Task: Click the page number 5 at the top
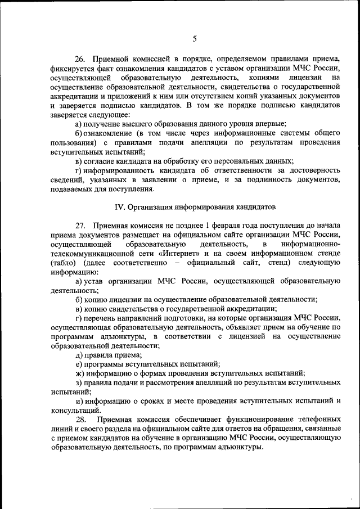point(195,38)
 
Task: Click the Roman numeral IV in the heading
point(119,206)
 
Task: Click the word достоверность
point(313,170)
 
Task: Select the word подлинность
point(266,179)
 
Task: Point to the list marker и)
point(80,401)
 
